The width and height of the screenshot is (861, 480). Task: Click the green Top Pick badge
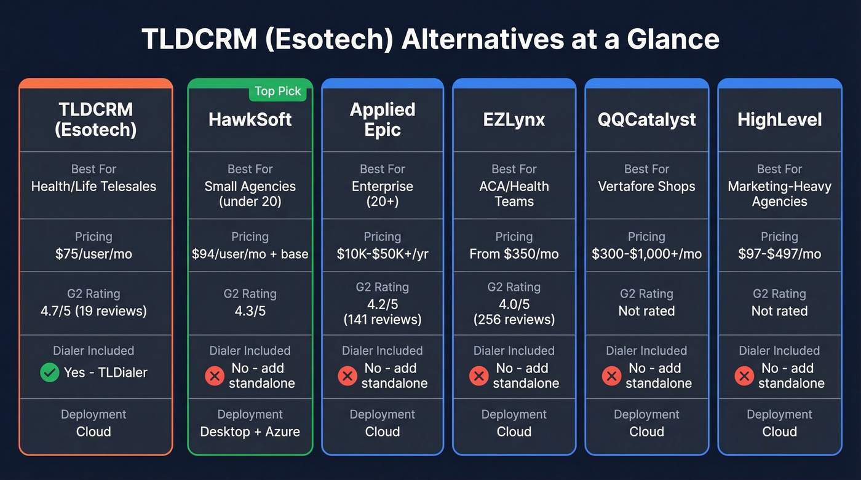(x=277, y=92)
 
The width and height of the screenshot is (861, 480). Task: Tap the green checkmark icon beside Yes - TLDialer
(x=49, y=372)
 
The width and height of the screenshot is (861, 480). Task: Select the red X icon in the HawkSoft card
(x=214, y=376)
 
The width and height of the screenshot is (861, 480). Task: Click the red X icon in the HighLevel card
(x=744, y=376)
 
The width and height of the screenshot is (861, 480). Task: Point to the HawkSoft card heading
(x=250, y=119)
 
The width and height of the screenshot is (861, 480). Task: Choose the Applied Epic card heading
(x=382, y=119)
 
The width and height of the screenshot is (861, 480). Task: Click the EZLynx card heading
(x=514, y=119)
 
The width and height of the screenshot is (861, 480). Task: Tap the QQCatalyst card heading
(x=646, y=119)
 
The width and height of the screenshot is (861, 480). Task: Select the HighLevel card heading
(x=779, y=119)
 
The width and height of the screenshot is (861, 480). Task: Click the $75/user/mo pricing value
(x=93, y=254)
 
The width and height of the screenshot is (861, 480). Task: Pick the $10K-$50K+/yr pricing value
(x=382, y=254)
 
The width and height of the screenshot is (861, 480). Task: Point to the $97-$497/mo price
(x=779, y=254)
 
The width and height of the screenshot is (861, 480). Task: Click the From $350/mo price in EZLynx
(x=514, y=254)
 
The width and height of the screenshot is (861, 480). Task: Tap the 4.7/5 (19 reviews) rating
(x=93, y=311)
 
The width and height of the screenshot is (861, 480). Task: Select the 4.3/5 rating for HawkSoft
(x=250, y=311)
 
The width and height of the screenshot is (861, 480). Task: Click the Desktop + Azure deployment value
(x=250, y=431)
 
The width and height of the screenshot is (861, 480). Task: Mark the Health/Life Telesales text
(x=93, y=186)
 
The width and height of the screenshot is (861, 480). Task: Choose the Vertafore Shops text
(x=646, y=186)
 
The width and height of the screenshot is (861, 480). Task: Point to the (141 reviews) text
(x=382, y=320)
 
